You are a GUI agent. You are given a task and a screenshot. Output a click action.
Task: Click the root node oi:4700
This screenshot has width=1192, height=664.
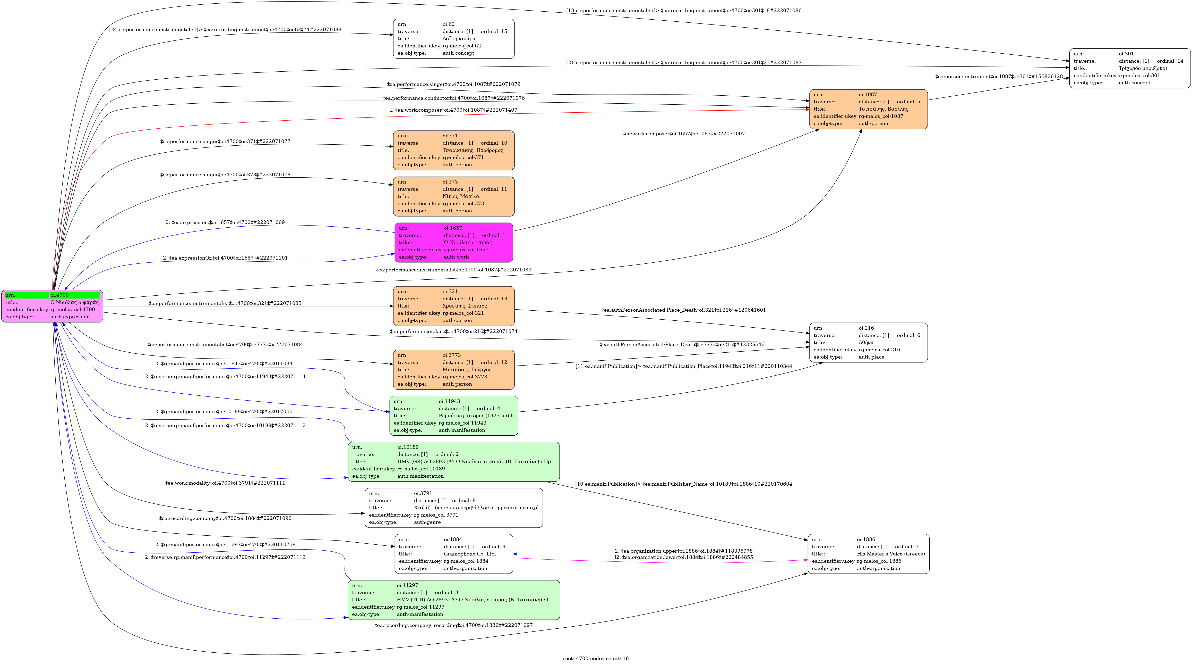pos(52,306)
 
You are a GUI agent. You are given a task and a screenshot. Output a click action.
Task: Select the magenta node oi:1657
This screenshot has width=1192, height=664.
pos(453,243)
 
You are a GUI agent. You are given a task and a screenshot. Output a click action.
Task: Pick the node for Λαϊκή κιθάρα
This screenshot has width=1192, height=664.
pos(453,39)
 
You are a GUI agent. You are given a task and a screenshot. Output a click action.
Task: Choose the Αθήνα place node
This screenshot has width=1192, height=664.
pos(868,343)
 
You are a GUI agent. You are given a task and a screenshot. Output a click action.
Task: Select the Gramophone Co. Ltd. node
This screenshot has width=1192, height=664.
pos(453,554)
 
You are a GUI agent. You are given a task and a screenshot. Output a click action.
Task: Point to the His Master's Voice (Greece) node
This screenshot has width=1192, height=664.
pos(868,554)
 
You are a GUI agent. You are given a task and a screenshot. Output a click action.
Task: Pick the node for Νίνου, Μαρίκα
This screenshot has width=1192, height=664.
pos(453,196)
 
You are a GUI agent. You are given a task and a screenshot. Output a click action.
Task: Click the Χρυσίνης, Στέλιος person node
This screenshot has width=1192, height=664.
pos(453,306)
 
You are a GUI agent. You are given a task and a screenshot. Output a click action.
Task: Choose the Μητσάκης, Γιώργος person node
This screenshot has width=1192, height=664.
pos(453,370)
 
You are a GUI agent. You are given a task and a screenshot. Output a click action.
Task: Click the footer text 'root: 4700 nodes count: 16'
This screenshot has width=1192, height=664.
pos(596,658)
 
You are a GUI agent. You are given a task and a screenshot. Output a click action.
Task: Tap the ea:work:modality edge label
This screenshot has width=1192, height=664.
pos(225,483)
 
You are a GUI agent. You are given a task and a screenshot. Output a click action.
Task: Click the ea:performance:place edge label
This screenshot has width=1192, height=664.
pos(453,331)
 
